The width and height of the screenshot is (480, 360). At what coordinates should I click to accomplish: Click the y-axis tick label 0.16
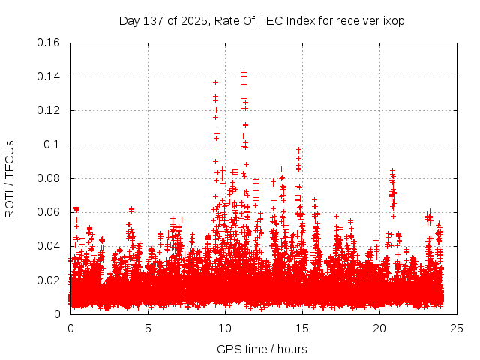49,43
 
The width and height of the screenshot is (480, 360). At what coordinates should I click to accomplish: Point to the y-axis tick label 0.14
49,76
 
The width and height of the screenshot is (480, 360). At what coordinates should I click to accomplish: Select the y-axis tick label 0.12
49,110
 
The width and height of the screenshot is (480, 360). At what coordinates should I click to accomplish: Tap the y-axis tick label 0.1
52,145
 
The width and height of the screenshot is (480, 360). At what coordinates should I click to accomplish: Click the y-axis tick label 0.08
49,178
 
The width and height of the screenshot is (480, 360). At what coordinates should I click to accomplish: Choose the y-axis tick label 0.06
49,212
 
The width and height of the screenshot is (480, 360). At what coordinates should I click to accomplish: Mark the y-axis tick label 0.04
49,246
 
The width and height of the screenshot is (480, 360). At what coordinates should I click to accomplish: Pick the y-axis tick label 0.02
49,280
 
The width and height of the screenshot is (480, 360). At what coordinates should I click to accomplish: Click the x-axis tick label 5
148,328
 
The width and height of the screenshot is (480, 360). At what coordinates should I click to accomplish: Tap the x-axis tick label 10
225,328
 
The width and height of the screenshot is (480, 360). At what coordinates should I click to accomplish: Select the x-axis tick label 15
302,328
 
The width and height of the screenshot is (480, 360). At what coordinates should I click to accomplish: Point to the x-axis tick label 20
379,328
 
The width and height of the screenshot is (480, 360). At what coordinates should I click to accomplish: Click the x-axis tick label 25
457,328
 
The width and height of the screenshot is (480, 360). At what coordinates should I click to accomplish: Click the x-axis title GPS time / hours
262,349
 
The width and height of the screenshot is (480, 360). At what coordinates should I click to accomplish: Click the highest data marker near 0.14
244,73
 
